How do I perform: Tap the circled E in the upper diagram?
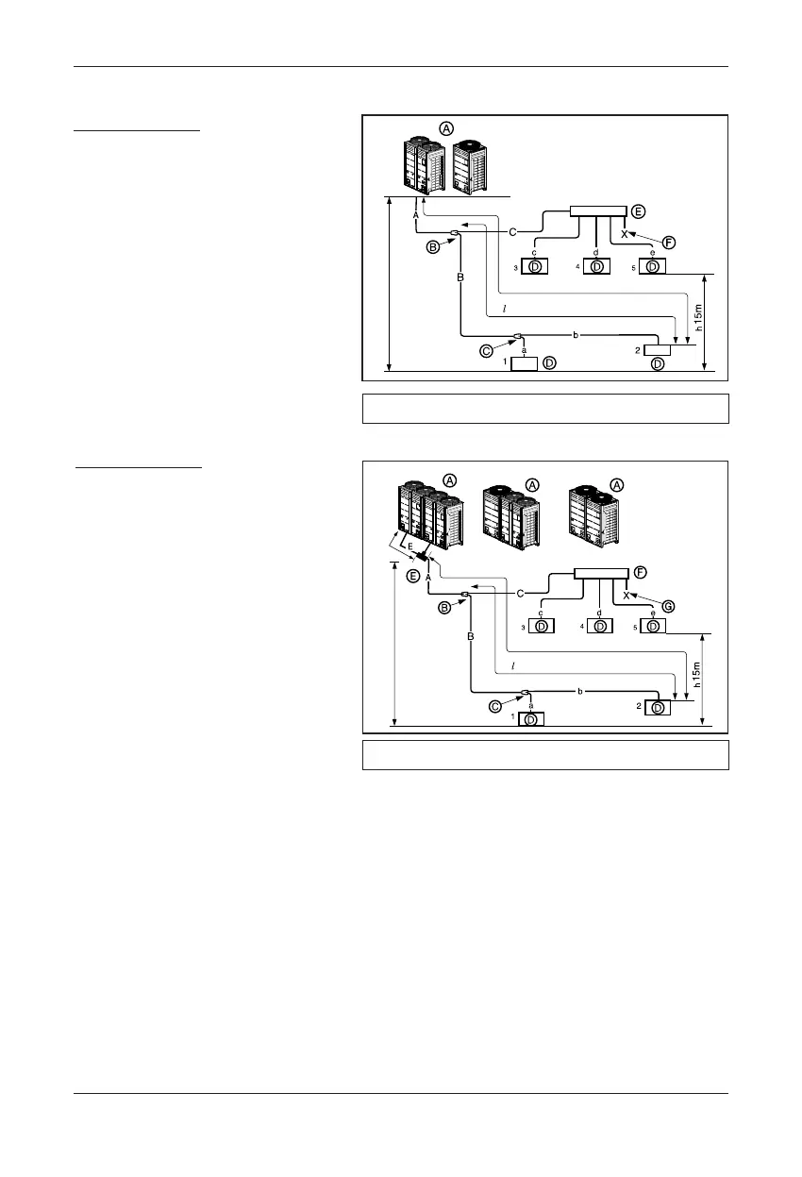[x=639, y=211]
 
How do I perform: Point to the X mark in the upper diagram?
[x=625, y=233]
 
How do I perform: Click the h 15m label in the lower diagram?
[x=698, y=676]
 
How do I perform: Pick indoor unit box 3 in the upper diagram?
[x=535, y=267]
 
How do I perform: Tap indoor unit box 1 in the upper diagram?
[x=524, y=363]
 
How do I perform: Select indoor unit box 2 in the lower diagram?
[x=654, y=708]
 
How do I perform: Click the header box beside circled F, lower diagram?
[x=601, y=575]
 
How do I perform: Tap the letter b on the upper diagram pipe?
[x=576, y=334]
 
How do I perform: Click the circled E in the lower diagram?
[x=413, y=576]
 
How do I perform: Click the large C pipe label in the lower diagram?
[x=521, y=593]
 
